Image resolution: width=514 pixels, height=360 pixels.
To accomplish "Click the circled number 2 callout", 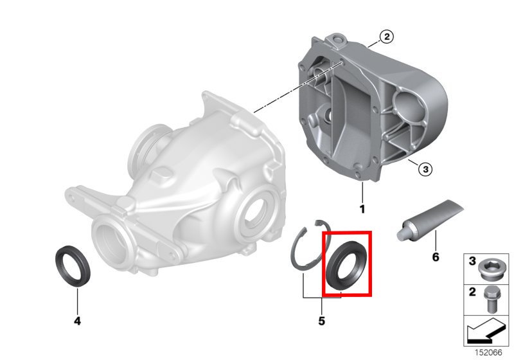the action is click(387, 37).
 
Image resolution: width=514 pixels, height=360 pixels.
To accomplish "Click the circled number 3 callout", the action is click(425, 169).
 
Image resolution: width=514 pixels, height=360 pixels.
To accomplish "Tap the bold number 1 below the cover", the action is click(362, 209).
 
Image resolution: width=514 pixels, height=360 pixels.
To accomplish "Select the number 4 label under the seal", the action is click(77, 321).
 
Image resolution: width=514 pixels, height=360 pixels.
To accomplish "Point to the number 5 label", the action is click(322, 321).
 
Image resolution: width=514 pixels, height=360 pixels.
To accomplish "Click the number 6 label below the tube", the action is click(436, 257).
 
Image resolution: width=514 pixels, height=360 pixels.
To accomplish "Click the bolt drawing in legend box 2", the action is click(490, 300).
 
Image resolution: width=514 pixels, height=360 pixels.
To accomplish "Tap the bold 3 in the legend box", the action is click(472, 261).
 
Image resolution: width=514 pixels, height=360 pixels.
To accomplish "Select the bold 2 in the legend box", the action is click(472, 291).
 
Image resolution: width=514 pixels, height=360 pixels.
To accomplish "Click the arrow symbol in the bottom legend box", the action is click(484, 330).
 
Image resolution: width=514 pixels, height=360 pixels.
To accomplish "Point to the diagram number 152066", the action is click(488, 352).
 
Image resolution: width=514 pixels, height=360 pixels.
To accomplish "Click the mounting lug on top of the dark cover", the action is click(336, 40).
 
